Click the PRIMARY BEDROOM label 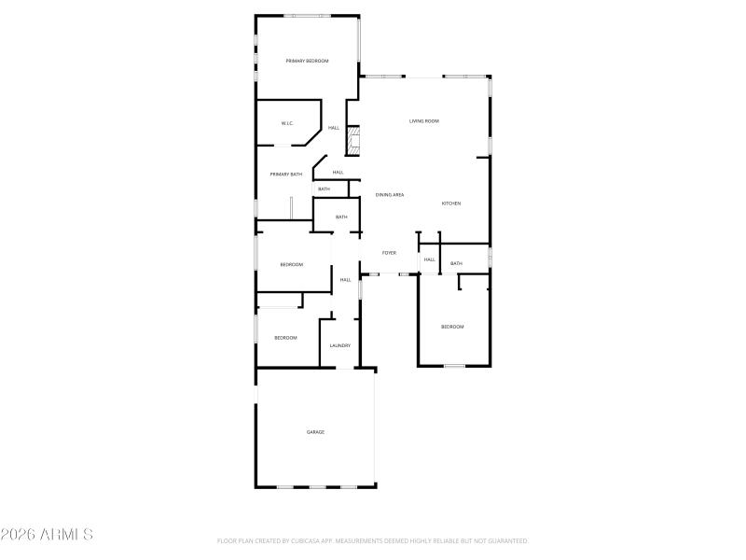pyautogui.click(x=307, y=61)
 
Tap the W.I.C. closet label pyautogui.click(x=288, y=123)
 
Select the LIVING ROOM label pyautogui.click(x=424, y=121)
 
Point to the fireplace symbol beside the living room pyautogui.click(x=353, y=142)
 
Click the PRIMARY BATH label pyautogui.click(x=286, y=175)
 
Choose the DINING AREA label pyautogui.click(x=390, y=195)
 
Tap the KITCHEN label pyautogui.click(x=451, y=203)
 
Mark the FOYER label pyautogui.click(x=389, y=253)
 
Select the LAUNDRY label pyautogui.click(x=340, y=345)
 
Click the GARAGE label pyautogui.click(x=316, y=432)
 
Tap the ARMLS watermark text pyautogui.click(x=47, y=535)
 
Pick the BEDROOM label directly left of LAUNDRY pyautogui.click(x=285, y=338)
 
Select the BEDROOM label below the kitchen pyautogui.click(x=452, y=327)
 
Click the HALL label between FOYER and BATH pyautogui.click(x=430, y=259)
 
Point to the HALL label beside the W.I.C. pyautogui.click(x=333, y=128)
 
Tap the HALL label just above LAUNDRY pyautogui.click(x=345, y=280)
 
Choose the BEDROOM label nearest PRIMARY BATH pyautogui.click(x=292, y=264)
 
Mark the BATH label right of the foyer pyautogui.click(x=456, y=264)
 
